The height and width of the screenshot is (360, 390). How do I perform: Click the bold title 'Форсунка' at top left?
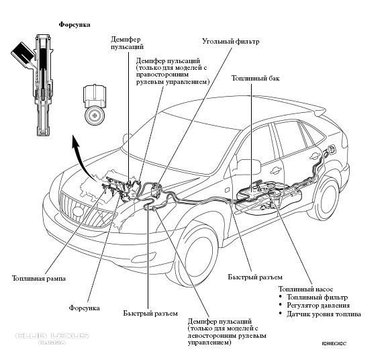(75, 25)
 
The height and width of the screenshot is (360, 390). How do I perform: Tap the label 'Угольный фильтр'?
(230, 41)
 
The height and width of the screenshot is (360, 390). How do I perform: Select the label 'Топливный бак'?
(256, 78)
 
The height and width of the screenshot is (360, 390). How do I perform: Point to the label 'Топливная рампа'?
(39, 279)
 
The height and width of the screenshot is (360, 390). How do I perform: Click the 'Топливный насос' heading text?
(305, 289)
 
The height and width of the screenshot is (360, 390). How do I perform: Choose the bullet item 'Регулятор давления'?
(318, 306)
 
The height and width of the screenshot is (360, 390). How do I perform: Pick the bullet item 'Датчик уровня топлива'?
(324, 314)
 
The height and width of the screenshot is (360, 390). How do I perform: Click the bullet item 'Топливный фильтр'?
(317, 298)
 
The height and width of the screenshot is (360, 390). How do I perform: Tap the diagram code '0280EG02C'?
(334, 344)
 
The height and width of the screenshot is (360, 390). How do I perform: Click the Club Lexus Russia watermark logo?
(52, 338)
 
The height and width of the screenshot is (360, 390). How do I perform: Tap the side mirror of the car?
(248, 167)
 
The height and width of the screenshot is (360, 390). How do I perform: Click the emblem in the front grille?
(78, 211)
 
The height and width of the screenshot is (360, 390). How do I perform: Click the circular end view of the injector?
(95, 115)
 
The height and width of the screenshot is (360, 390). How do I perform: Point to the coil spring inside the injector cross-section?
(42, 93)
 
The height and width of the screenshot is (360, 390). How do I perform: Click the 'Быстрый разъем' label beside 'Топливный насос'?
(255, 277)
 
